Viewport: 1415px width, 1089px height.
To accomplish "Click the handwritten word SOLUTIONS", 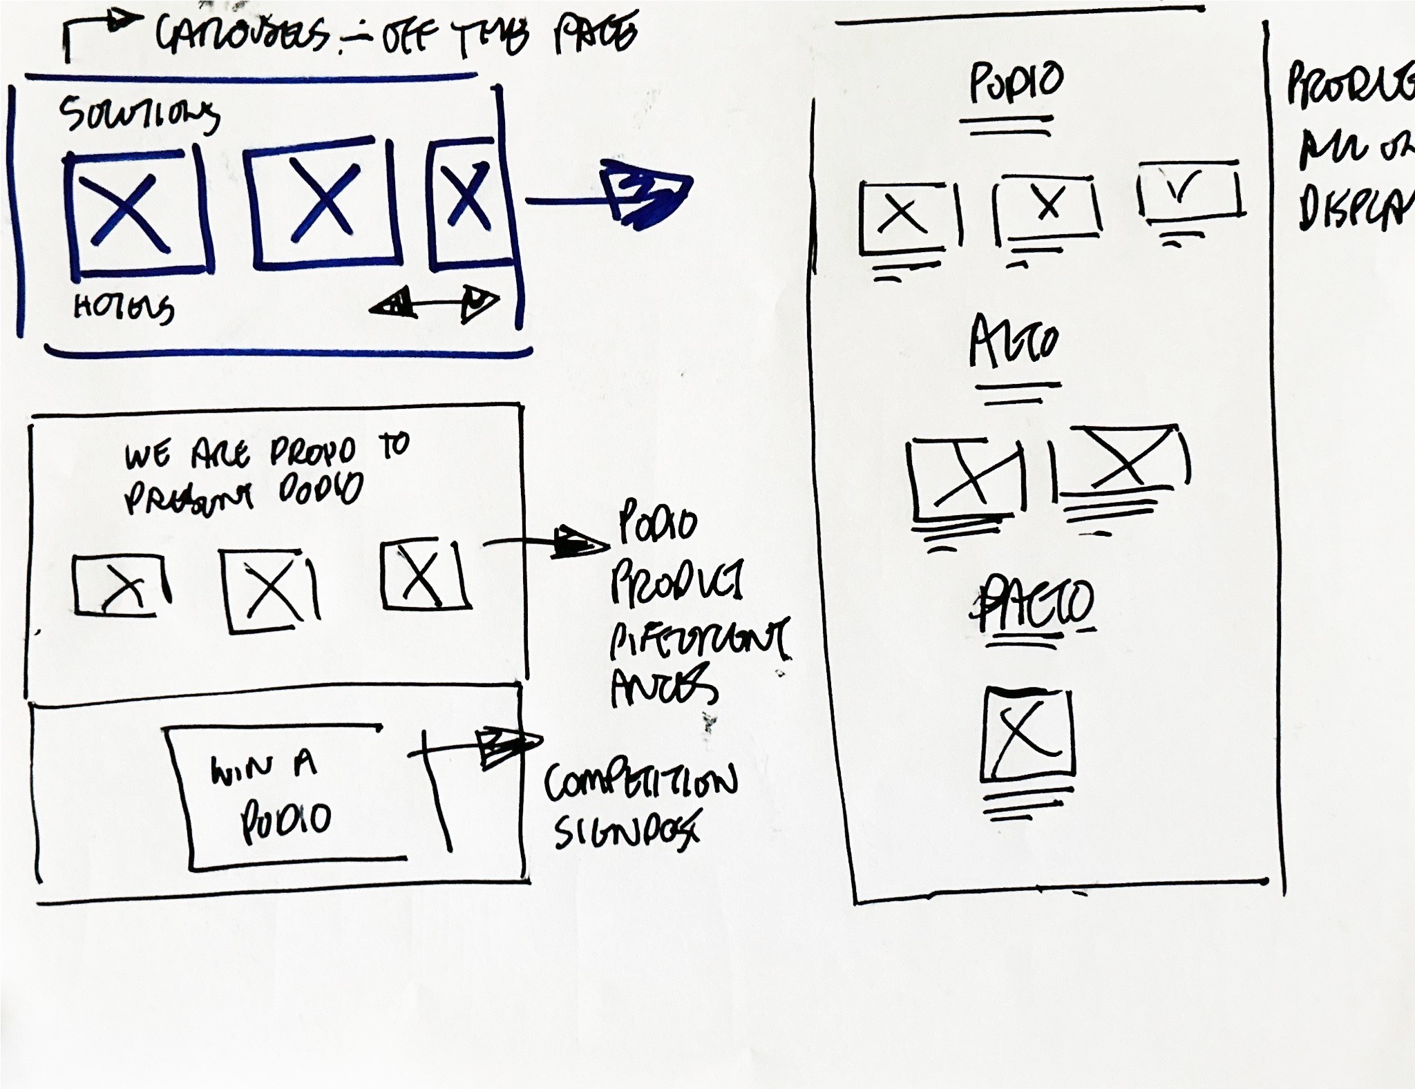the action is pos(138,115).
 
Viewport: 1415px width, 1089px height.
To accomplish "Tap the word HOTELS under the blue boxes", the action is pos(124,308).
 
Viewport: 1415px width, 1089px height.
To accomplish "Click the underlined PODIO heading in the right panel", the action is pos(1016,81).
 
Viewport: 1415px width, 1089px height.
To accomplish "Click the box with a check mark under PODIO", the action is pos(1189,191).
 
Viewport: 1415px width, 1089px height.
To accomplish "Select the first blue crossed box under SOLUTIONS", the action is pos(137,211).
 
